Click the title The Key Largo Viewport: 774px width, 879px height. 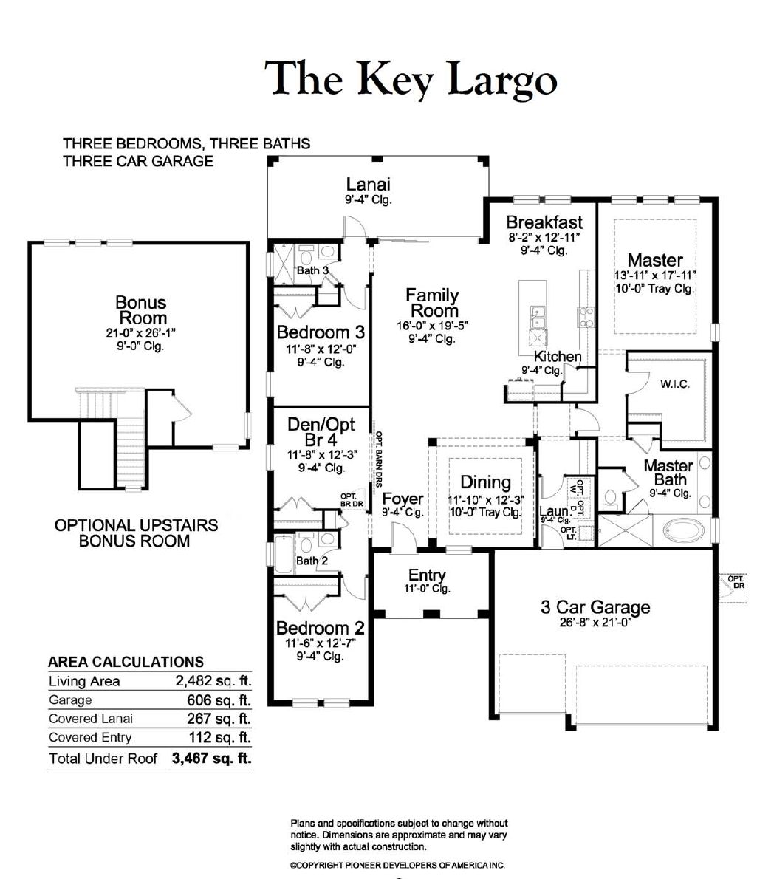click(410, 79)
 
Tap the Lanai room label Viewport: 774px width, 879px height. click(368, 184)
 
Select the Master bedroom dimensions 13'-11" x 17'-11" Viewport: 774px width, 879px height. click(654, 275)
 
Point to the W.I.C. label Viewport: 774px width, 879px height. click(675, 384)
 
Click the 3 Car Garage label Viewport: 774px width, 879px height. click(595, 607)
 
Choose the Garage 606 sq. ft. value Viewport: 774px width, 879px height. click(219, 700)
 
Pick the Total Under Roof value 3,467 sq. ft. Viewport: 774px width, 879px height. click(212, 758)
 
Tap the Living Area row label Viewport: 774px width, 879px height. click(84, 681)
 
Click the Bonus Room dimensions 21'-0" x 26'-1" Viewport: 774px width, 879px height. click(140, 332)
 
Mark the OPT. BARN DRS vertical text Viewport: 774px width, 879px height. click(379, 459)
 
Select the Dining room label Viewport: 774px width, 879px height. click(485, 482)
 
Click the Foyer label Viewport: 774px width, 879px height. click(403, 499)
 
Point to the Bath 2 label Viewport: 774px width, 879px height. click(312, 561)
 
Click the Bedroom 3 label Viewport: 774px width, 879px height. click(321, 332)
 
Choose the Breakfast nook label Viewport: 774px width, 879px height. click(544, 222)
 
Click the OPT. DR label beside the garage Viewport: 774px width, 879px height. click(736, 582)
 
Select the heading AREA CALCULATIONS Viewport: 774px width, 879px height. click(126, 662)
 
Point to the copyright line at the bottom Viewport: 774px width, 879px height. click(397, 866)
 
